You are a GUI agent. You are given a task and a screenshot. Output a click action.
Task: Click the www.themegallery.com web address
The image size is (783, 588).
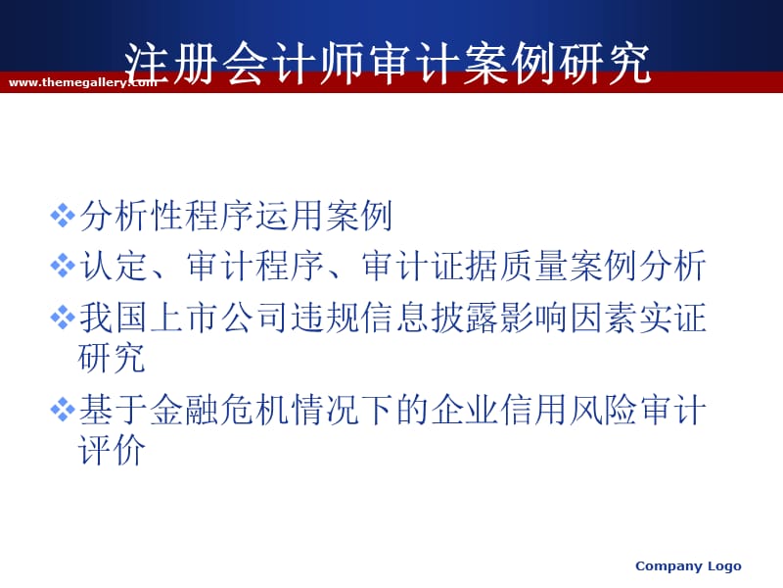click(x=82, y=83)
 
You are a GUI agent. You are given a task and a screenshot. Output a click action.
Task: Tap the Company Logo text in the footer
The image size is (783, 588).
click(x=688, y=565)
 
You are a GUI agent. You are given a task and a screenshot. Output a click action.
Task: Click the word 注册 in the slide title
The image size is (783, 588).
click(x=162, y=63)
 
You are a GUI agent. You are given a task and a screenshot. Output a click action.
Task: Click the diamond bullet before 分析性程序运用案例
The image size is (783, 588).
click(x=63, y=215)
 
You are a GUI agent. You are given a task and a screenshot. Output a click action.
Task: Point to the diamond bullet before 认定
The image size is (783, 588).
click(x=63, y=266)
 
